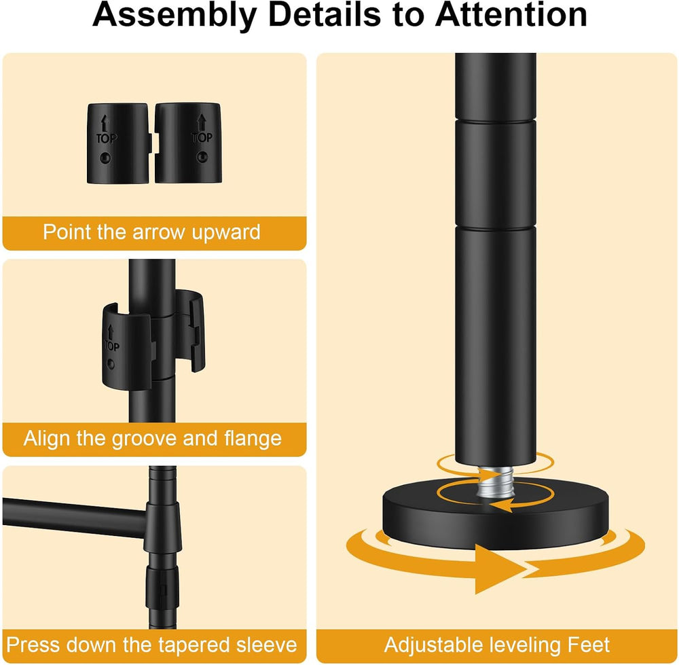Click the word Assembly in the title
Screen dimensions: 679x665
click(x=175, y=16)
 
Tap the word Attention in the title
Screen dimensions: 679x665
click(x=511, y=15)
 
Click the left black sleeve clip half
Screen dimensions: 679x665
click(x=119, y=143)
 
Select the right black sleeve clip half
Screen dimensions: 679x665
click(x=188, y=143)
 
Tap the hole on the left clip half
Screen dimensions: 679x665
click(x=105, y=158)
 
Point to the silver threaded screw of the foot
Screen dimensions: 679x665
click(x=494, y=485)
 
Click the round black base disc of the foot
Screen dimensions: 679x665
click(x=496, y=516)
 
